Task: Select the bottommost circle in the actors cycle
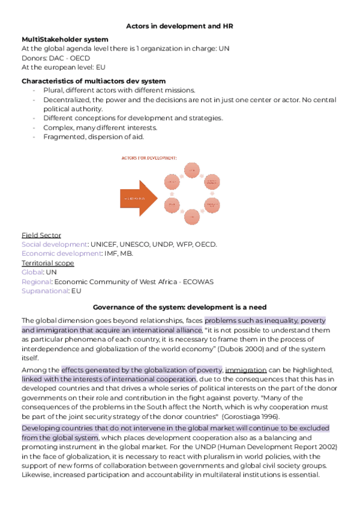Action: point(192,217)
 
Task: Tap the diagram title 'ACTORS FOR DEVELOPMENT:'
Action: point(149,157)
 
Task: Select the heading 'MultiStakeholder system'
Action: point(65,39)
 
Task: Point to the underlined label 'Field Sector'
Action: point(41,235)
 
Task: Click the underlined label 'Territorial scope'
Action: point(48,263)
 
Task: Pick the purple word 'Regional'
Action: point(36,282)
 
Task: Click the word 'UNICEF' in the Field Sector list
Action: point(104,244)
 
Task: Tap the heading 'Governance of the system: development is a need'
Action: point(179,307)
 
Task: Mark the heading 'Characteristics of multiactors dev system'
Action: point(94,80)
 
